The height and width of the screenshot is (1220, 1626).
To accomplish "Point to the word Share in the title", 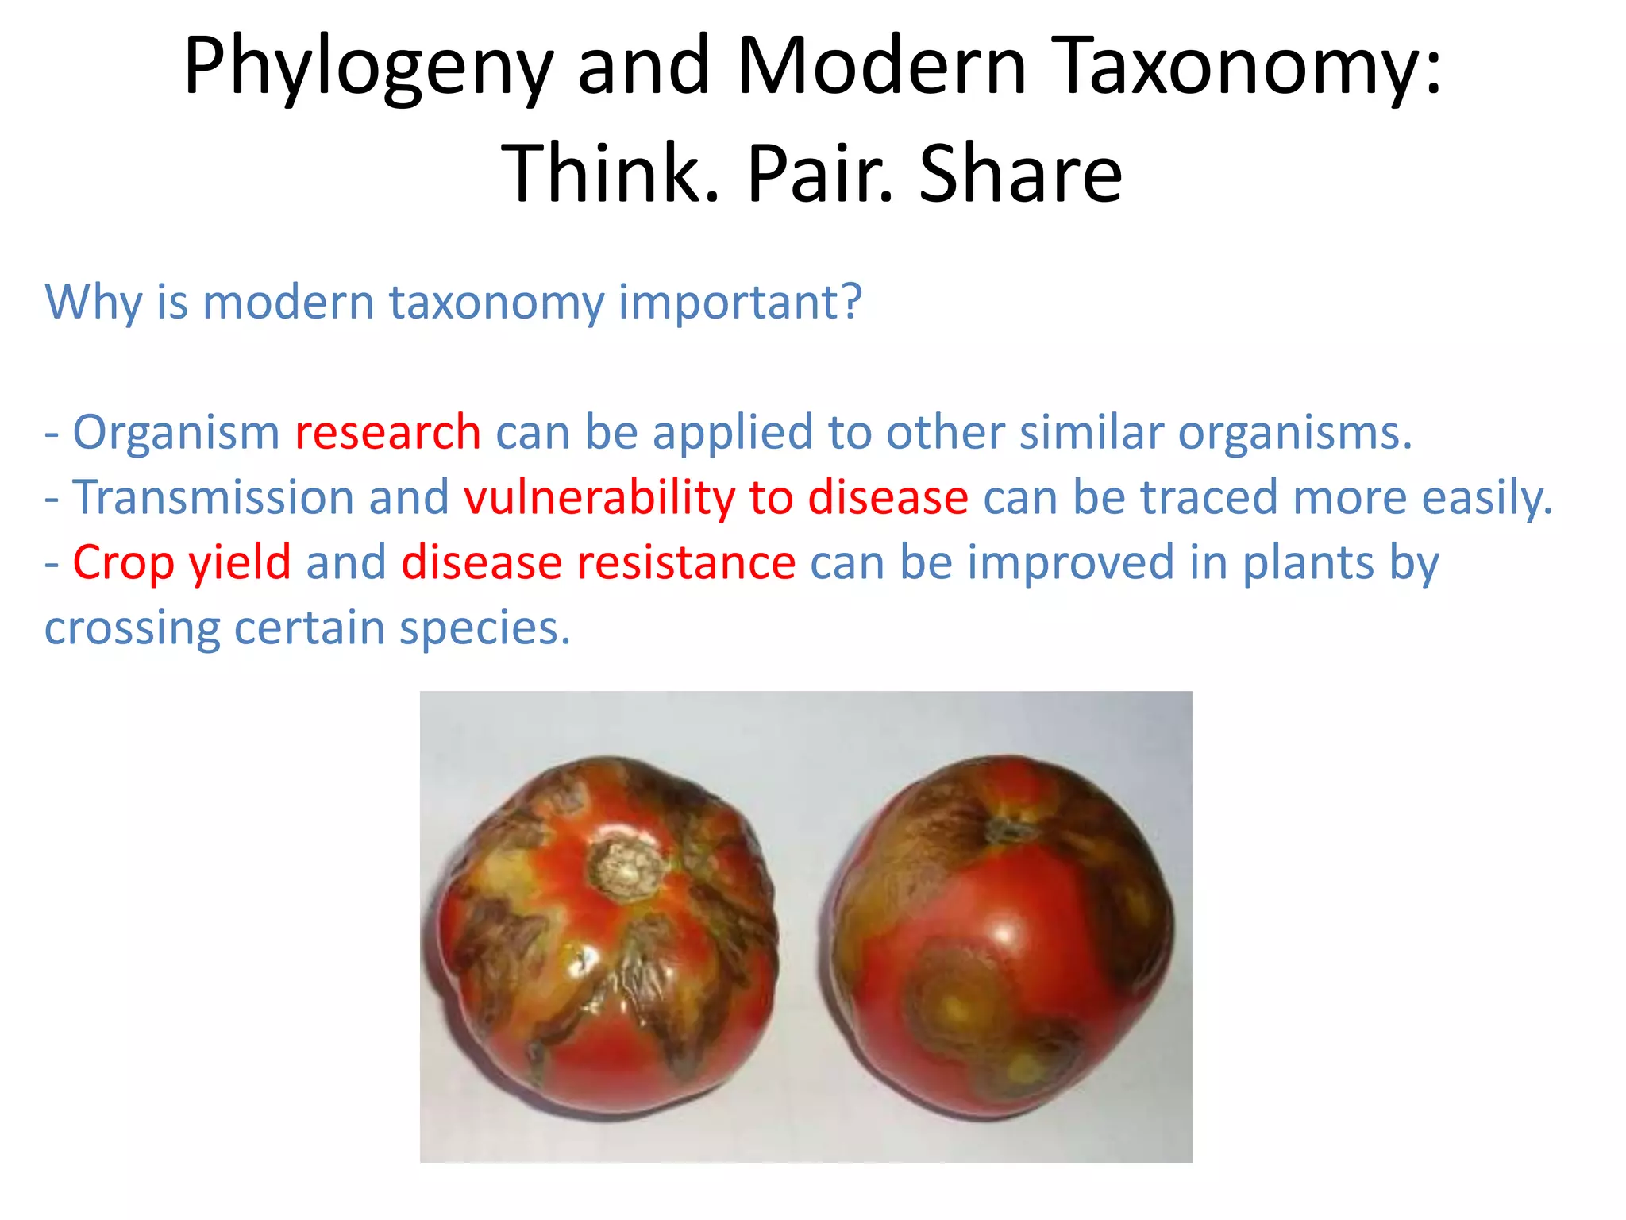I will pyautogui.click(x=1020, y=173).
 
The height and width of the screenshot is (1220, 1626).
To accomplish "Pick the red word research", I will pyautogui.click(x=387, y=433).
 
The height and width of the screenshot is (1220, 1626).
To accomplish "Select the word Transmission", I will pyautogui.click(x=213, y=498).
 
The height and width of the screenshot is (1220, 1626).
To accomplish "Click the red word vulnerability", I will pyautogui.click(x=599, y=498).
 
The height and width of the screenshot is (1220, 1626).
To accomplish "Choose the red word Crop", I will pyautogui.click(x=123, y=564).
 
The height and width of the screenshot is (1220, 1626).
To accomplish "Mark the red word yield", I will pyautogui.click(x=240, y=564).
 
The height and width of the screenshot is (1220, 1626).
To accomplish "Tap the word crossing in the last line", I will pyautogui.click(x=132, y=629).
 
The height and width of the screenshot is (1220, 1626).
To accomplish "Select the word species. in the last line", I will pyautogui.click(x=484, y=629).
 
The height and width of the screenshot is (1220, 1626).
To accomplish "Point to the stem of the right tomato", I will pyautogui.click(x=1007, y=830).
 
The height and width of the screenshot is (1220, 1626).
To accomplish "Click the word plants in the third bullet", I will pyautogui.click(x=1308, y=564).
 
